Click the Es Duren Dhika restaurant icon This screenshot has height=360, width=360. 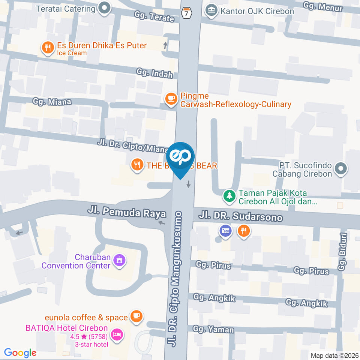pyautogui.click(x=47, y=48)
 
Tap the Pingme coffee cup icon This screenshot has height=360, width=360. pyautogui.click(x=171, y=99)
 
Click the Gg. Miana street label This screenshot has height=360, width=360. pyautogui.click(x=52, y=101)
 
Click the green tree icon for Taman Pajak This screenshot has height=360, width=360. pyautogui.click(x=228, y=195)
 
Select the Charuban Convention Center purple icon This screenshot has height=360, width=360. pyautogui.click(x=120, y=259)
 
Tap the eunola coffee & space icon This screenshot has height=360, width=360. pyautogui.click(x=136, y=316)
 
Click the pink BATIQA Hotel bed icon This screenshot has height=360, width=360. pyautogui.click(x=118, y=335)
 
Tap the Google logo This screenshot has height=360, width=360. pyautogui.click(x=20, y=352)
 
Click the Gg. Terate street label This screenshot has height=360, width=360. pyautogui.click(x=154, y=16)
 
